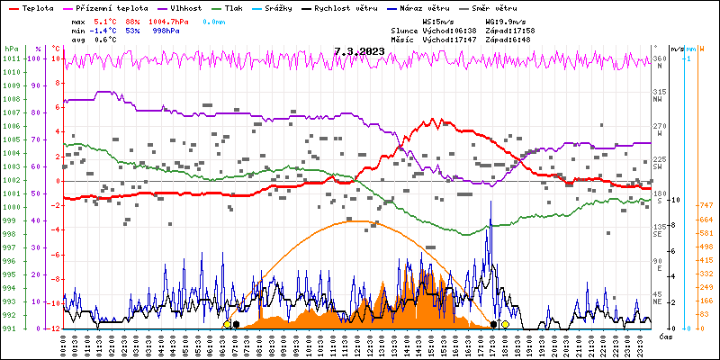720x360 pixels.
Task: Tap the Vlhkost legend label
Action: [x=184, y=7]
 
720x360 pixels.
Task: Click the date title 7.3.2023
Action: [x=359, y=51]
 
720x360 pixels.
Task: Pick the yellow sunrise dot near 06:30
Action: [x=227, y=324]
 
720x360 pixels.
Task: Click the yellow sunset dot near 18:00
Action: [x=505, y=324]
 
